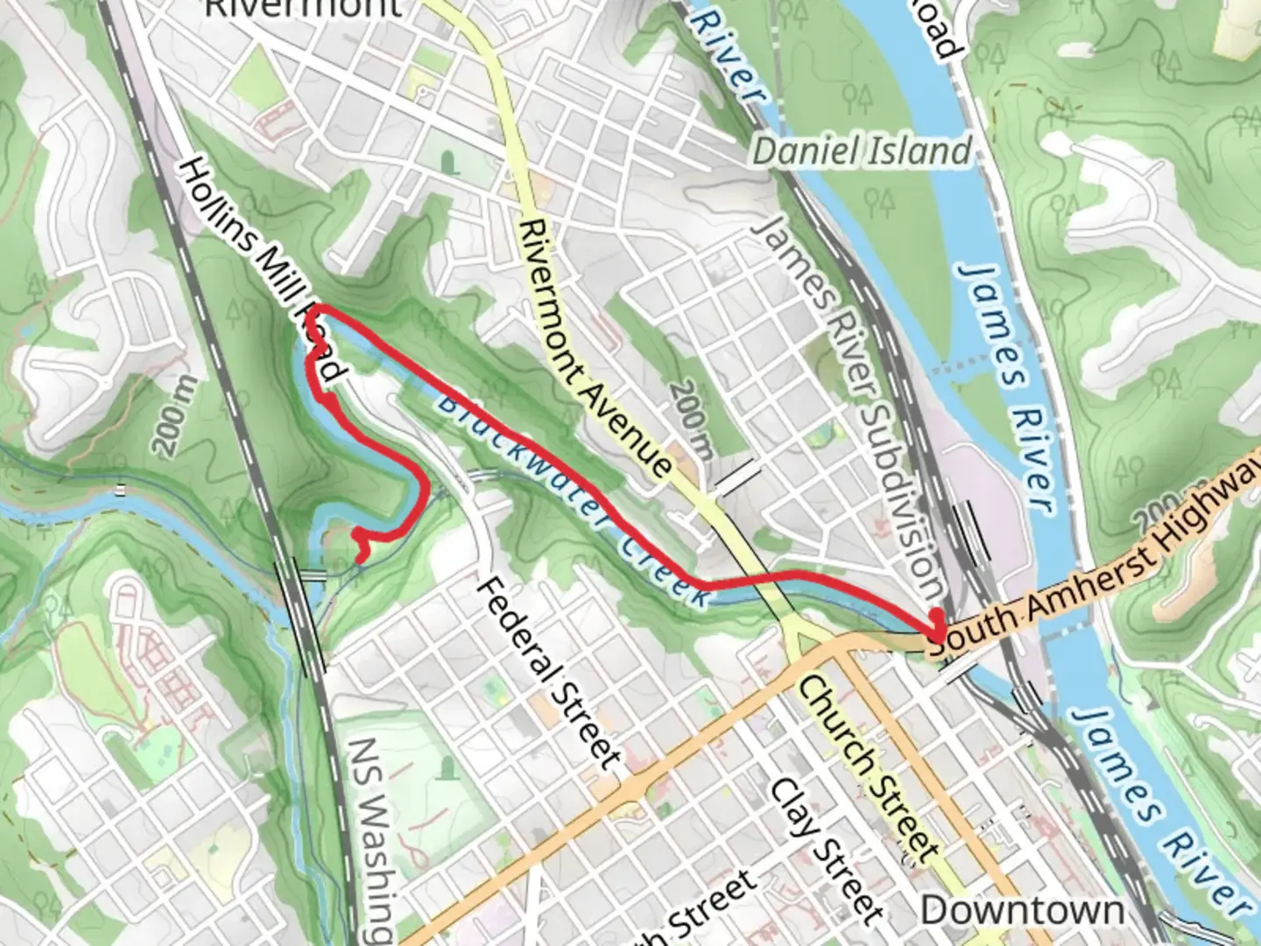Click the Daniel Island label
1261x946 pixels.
tap(863, 152)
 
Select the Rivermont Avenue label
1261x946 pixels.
tap(595, 348)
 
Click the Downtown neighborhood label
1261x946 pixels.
tap(1022, 910)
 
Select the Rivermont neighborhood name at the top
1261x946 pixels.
tap(302, 7)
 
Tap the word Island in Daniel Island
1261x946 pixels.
tap(919, 152)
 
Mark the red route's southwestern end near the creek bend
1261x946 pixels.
tap(362, 557)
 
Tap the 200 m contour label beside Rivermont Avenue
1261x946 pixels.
tap(691, 418)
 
